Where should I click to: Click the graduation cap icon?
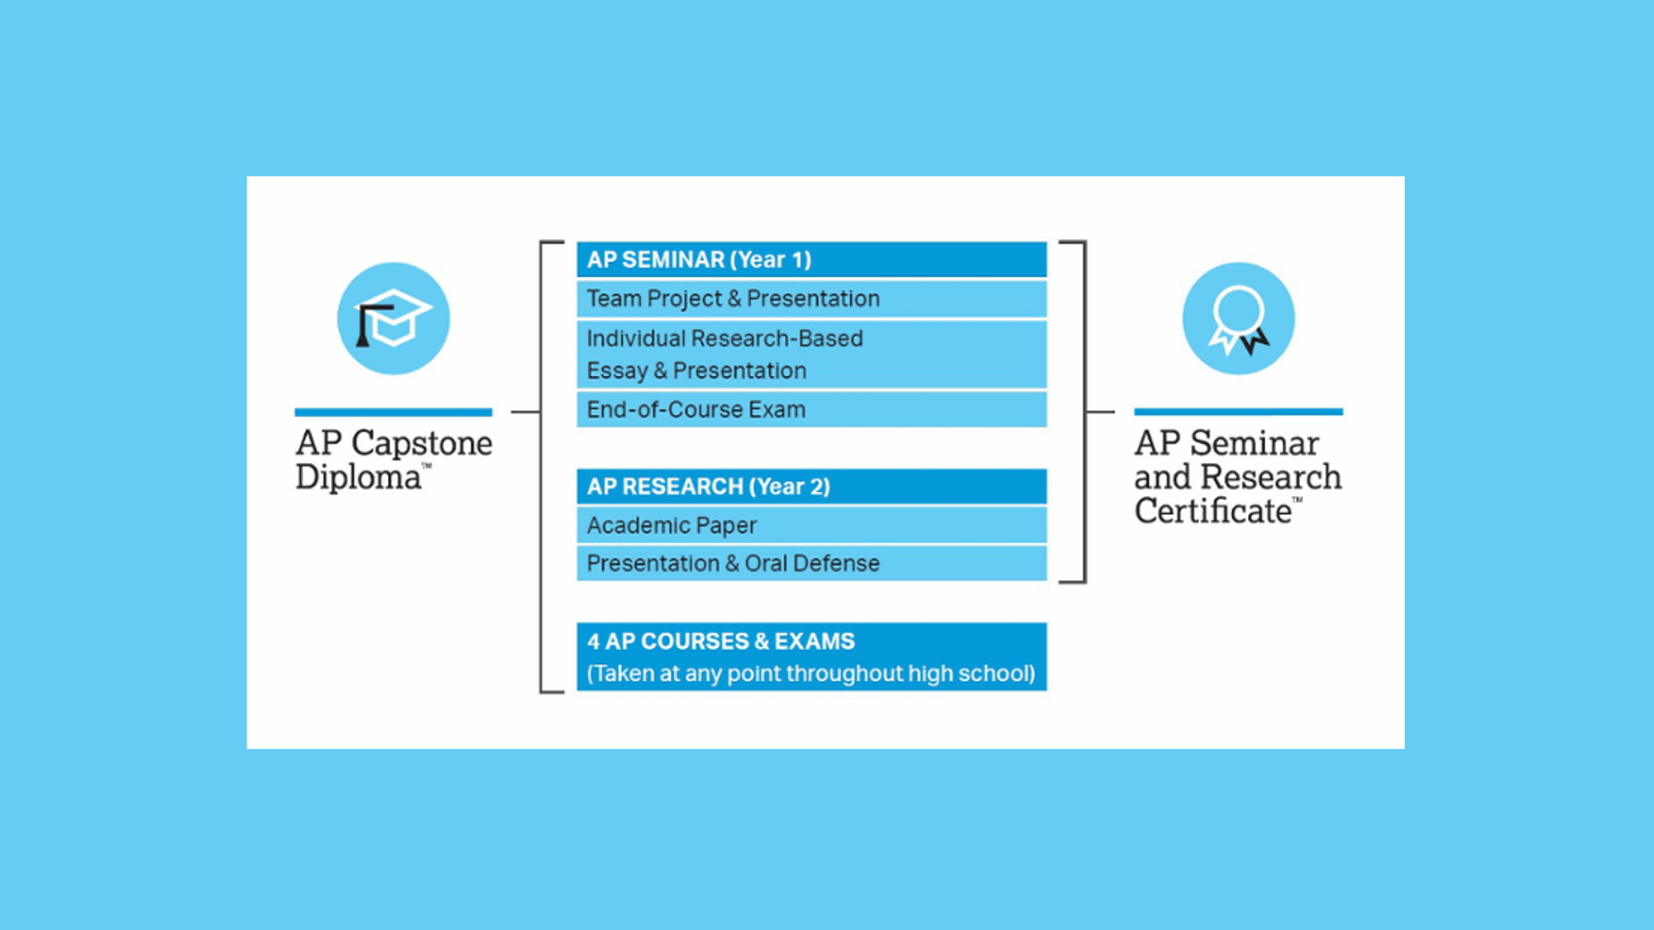click(x=394, y=318)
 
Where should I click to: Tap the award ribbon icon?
click(x=1238, y=318)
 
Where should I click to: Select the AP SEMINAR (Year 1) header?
click(x=811, y=260)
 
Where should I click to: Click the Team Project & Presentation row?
click(x=811, y=298)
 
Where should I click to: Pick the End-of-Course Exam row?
click(x=811, y=409)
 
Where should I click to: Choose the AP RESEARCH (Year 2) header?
click(x=811, y=486)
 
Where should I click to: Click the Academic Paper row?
click(x=811, y=525)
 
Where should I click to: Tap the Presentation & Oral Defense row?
click(x=811, y=563)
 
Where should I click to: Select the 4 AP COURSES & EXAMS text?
click(x=721, y=641)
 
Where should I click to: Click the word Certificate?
click(x=1213, y=511)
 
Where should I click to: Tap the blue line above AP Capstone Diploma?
click(x=394, y=412)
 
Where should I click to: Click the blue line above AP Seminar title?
click(x=1238, y=412)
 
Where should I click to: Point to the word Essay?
click(x=617, y=371)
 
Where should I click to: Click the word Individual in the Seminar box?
click(x=636, y=338)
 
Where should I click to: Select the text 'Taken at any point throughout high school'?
click(x=811, y=674)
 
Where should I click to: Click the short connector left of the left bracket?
click(x=525, y=411)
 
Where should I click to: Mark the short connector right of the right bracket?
click(x=1100, y=411)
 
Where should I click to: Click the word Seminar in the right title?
click(x=1255, y=443)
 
